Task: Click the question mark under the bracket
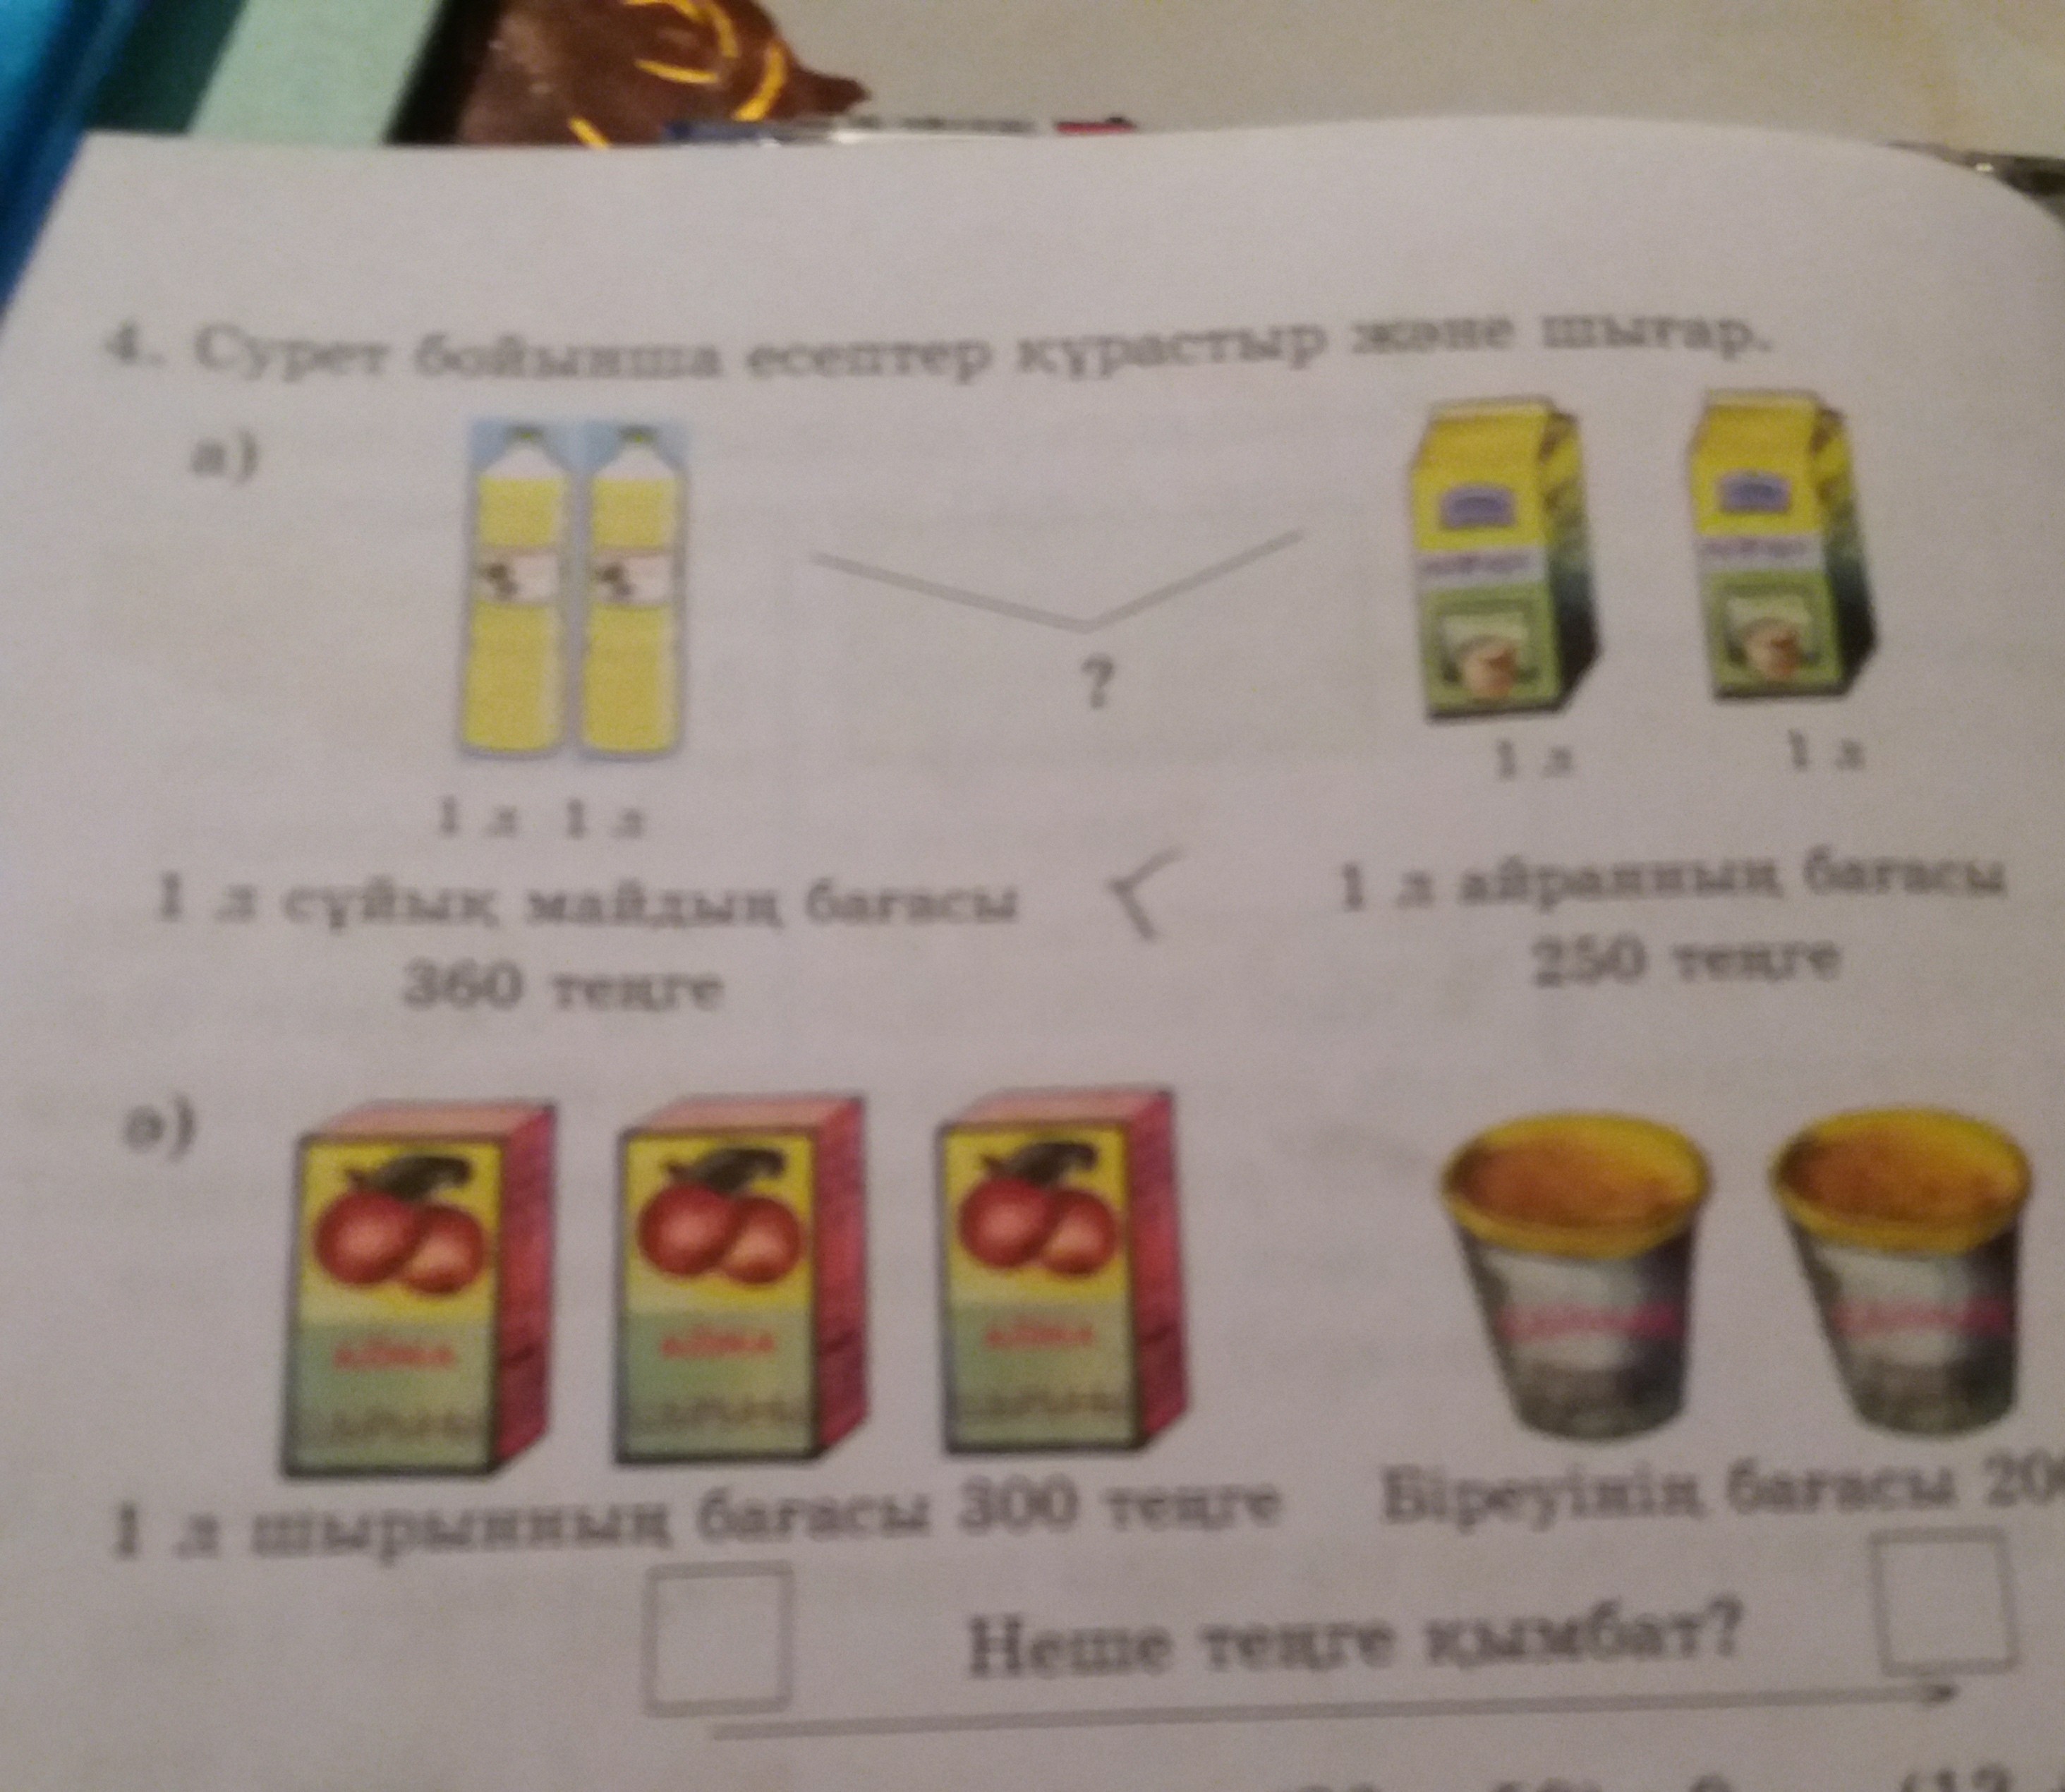coord(1097,685)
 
